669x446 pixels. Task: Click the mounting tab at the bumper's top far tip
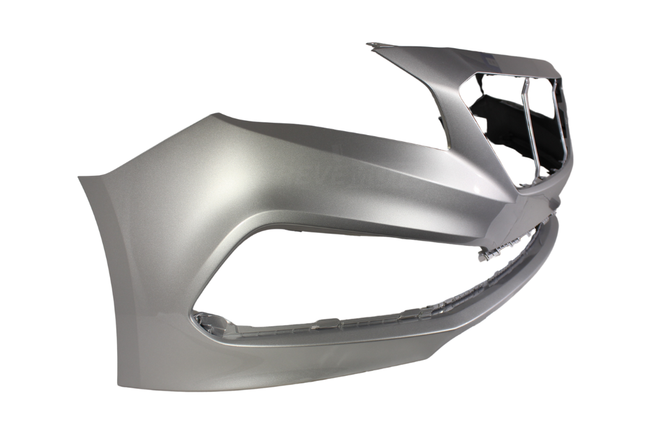click(374, 45)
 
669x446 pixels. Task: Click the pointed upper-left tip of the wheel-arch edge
click(79, 178)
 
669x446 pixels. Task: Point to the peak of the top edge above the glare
click(217, 115)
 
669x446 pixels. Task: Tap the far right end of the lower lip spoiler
click(554, 223)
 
